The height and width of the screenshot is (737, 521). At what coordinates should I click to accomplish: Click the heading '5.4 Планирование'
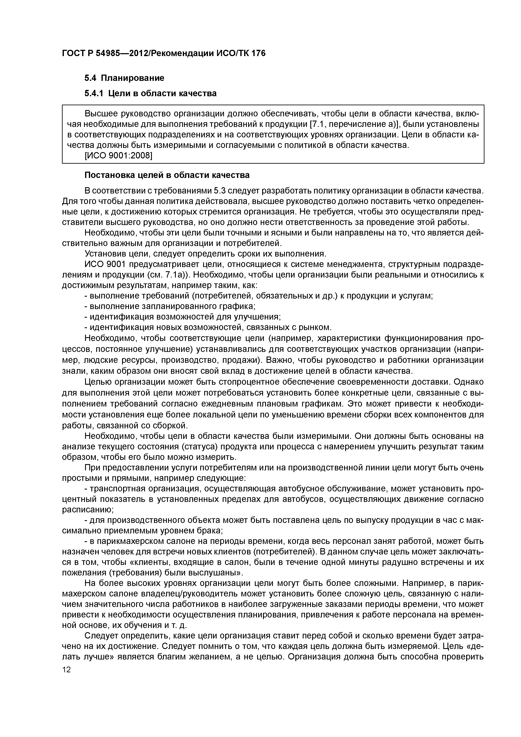(124, 78)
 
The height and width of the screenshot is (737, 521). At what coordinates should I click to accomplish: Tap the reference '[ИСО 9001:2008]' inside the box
(118, 156)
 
